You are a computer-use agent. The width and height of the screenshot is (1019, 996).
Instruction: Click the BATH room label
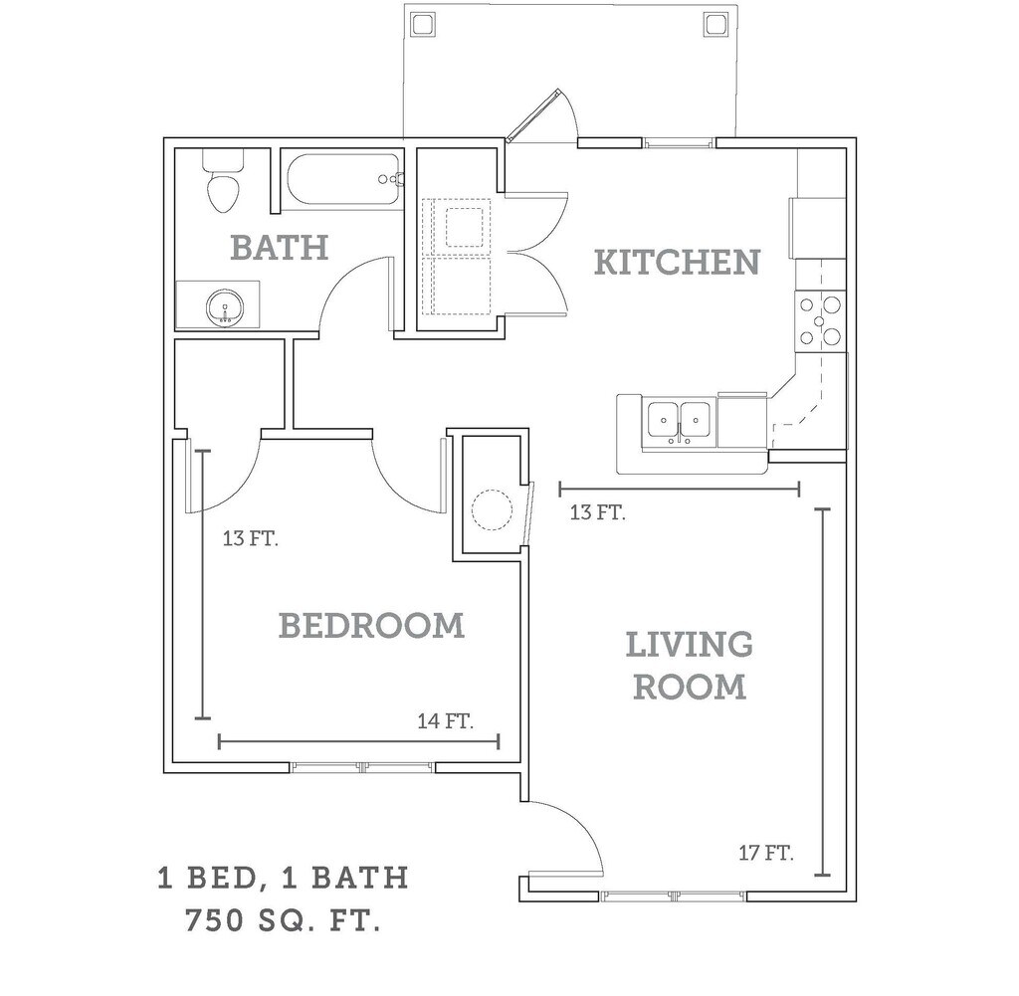coord(279,247)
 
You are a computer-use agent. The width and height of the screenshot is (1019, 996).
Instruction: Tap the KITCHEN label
coord(677,263)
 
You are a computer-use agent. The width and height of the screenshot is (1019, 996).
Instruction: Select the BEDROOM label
coord(371,626)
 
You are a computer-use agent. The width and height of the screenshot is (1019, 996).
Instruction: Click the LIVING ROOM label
coord(690,666)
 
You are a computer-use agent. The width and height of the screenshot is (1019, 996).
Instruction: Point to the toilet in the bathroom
coord(222,184)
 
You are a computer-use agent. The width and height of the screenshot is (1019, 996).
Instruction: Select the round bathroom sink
coord(226,309)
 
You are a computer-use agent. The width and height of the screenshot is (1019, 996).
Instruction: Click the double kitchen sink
coord(679,421)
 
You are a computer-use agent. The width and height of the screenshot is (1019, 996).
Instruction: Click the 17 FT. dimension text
coord(765,853)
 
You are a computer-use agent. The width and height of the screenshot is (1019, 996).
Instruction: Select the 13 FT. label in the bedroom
coord(250,540)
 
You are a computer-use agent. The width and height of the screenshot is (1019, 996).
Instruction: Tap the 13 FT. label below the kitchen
coord(597,513)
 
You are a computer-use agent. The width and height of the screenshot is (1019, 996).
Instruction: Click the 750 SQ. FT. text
coord(283,920)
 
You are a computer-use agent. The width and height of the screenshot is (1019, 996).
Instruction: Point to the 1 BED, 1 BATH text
coord(283,878)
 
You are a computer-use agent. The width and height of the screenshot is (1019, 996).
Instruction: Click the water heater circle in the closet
coord(491,509)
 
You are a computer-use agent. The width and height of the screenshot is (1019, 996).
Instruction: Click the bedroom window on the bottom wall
coord(363,767)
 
